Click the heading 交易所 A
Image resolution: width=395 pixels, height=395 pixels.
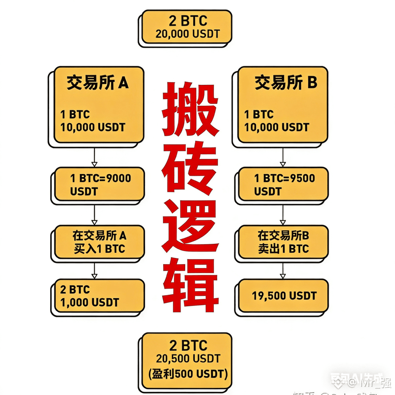pyautogui.click(x=97, y=83)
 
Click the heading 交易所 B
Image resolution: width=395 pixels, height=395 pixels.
pyautogui.click(x=285, y=83)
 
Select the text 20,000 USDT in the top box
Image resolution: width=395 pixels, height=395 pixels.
pyautogui.click(x=187, y=34)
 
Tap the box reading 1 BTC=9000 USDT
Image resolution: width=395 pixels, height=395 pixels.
pyautogui.click(x=98, y=184)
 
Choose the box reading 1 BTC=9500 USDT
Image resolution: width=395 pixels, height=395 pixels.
pyautogui.click(x=282, y=184)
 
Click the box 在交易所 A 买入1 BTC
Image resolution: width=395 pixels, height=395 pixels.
pyautogui.click(x=99, y=242)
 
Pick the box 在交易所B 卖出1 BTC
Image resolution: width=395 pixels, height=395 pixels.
pyautogui.click(x=283, y=242)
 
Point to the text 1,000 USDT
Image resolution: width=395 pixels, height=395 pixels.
pyautogui.click(x=89, y=302)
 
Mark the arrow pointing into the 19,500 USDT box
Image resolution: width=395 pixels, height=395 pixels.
pyautogui.click(x=283, y=271)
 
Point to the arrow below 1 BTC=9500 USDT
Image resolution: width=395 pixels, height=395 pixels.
pyautogui.click(x=283, y=215)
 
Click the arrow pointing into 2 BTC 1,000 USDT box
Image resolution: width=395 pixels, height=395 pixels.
pyautogui.click(x=94, y=270)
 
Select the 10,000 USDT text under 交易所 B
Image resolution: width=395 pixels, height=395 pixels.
pyautogui.click(x=277, y=127)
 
